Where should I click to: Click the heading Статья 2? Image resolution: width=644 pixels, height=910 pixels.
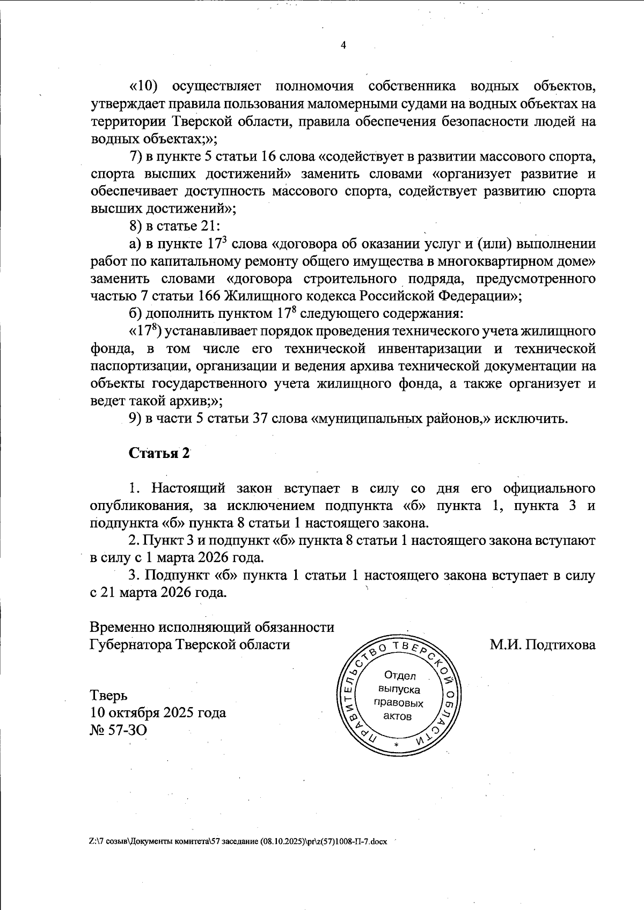[159, 453]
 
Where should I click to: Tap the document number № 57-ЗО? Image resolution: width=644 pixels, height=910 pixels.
[118, 730]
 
